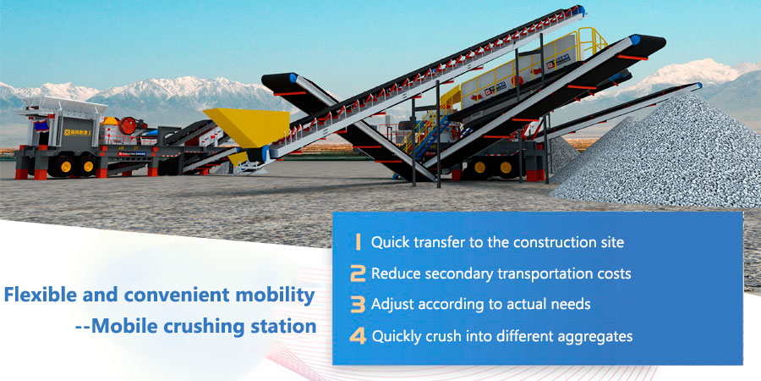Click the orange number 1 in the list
[x=359, y=242]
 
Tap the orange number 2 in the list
[x=358, y=273]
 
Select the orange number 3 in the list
[x=358, y=304]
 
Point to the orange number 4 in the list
[x=358, y=336]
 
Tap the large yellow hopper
[x=247, y=126]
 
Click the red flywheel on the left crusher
[x=129, y=126]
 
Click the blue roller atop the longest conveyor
[x=581, y=9]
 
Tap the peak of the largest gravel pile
[x=689, y=95]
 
